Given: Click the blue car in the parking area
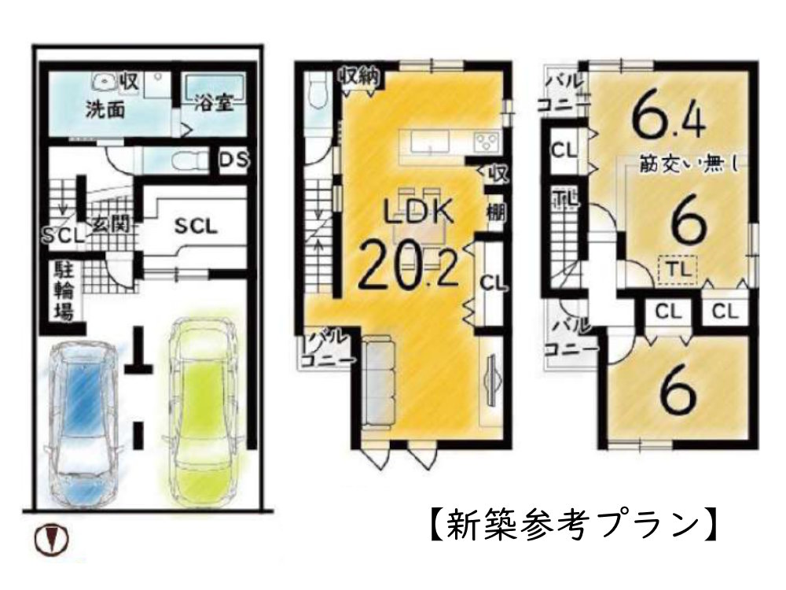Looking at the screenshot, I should [81, 422].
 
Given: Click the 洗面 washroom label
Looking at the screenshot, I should [105, 109].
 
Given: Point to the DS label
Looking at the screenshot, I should [233, 161].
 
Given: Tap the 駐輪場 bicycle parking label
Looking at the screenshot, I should [63, 291].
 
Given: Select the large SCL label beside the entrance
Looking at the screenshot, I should [196, 226].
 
